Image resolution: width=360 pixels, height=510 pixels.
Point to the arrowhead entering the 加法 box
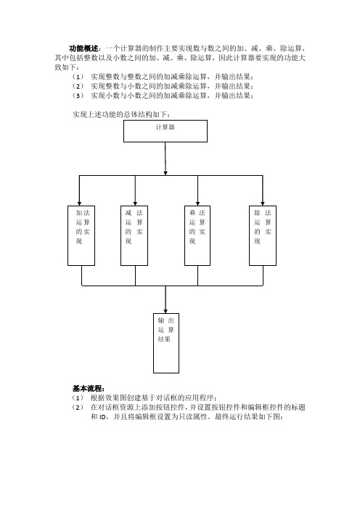pos(80,203)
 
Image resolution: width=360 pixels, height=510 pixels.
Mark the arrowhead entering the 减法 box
pos(135,203)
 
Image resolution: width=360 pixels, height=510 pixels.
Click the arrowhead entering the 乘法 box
pos(198,203)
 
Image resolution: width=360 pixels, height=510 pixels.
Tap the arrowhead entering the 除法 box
pos(263,203)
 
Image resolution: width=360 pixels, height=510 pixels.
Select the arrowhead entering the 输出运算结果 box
pos(165,311)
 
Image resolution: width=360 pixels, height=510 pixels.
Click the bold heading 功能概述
pos(83,49)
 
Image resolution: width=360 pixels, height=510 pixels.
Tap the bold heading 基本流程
pos(87,389)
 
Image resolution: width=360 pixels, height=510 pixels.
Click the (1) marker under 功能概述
pos(78,77)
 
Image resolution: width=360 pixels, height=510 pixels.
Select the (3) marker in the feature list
pos(78,96)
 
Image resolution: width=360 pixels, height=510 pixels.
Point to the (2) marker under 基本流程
pos(78,408)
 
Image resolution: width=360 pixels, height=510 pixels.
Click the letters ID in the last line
pos(102,417)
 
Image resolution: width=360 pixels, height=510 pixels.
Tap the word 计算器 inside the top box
pos(165,127)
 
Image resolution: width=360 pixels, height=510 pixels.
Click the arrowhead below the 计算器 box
pos(165,173)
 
